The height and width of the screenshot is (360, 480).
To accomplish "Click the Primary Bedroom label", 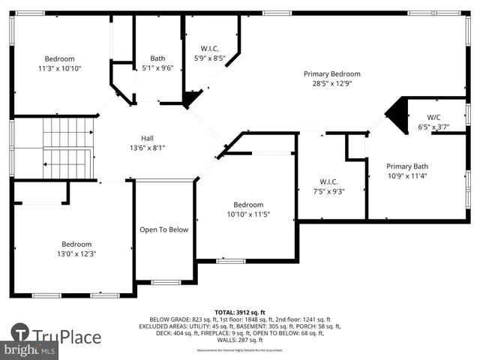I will point(331,74).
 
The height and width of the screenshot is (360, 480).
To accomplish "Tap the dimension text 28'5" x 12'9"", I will point(331,85).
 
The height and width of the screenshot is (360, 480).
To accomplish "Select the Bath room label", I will point(157,58).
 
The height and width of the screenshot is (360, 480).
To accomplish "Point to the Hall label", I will point(148,138).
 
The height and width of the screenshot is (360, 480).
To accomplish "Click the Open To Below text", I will point(163,229).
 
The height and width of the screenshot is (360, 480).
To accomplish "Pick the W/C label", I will point(433,117).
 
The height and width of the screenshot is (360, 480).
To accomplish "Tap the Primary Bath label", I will point(406,166).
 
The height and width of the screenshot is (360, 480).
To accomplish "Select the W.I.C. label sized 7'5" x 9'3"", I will point(329,181).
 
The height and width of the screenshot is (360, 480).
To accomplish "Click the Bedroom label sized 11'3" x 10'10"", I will point(59,58).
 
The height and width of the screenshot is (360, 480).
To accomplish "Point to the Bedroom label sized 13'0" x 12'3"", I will point(76,244).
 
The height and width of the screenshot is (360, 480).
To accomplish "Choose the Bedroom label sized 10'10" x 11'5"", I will point(247,205).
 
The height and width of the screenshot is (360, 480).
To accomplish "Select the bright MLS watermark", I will point(30,350).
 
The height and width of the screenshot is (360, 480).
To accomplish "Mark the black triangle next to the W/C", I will point(395,113).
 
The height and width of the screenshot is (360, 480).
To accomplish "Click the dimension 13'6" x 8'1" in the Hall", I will point(148,148).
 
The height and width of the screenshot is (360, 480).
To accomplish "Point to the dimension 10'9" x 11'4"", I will point(406,176).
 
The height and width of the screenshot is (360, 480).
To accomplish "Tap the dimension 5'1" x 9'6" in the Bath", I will point(157,68).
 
